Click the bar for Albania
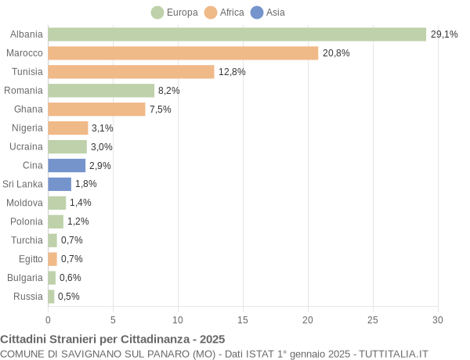coord(237,34)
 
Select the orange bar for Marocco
coord(183,53)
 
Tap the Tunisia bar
coord(131,72)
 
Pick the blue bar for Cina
coord(67,165)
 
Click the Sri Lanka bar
coord(60,184)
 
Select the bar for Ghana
coord(96,109)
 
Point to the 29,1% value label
coord(443,34)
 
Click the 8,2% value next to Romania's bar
coord(168,91)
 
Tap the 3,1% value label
coord(102,128)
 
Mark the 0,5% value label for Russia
coord(68,297)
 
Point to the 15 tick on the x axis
coord(243,319)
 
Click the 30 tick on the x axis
coord(438,319)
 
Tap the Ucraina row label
coord(26,146)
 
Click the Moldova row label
coord(24,203)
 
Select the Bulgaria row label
coord(25,278)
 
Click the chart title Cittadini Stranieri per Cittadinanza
coord(112,339)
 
